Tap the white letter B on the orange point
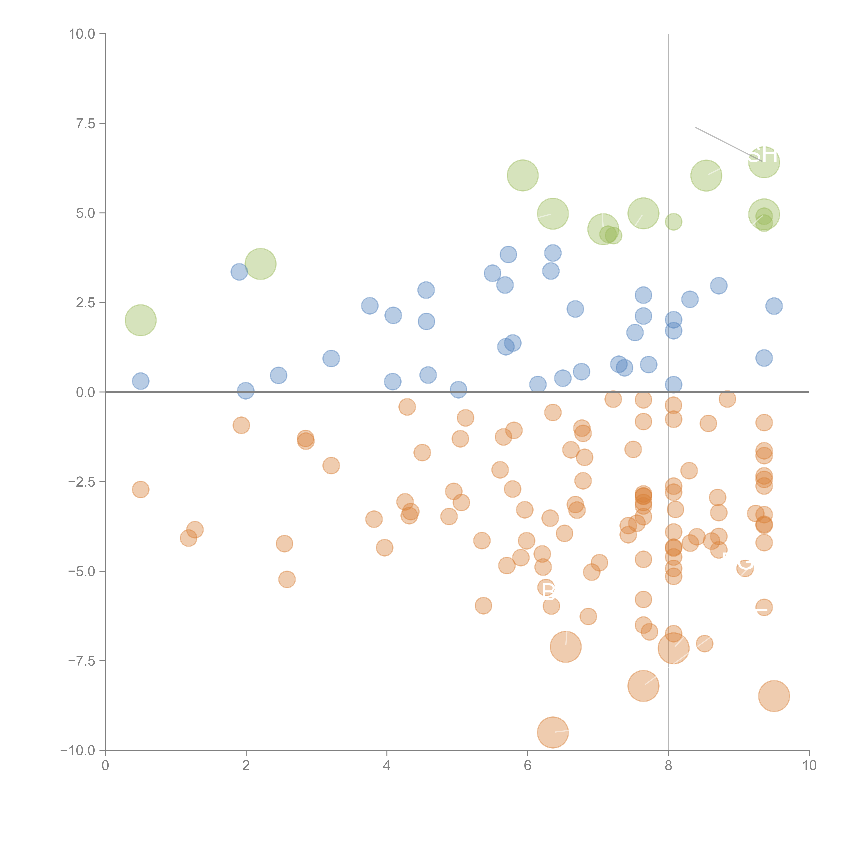(548, 591)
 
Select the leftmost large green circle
(140, 320)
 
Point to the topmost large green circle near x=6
(523, 175)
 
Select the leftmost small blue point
(140, 381)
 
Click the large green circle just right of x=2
(260, 264)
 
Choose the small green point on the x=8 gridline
(673, 222)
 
